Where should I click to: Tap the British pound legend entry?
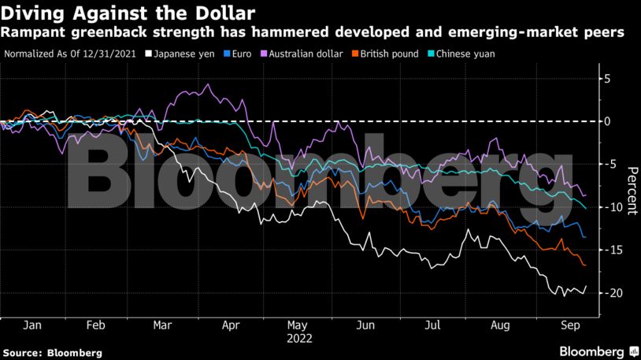384,54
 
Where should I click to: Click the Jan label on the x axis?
32,325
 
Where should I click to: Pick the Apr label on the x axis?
232,325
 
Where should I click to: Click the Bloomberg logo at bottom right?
598,351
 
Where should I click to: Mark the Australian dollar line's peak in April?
207,84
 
